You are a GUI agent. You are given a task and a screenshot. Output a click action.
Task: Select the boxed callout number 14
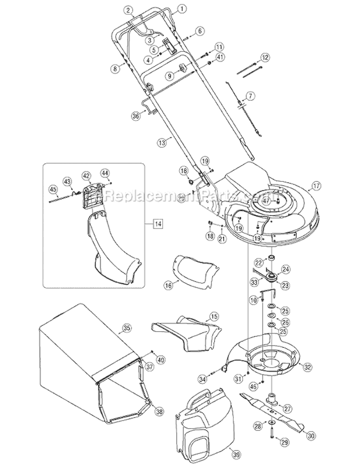[x=157, y=223]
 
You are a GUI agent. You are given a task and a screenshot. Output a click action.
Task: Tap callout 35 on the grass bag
[x=127, y=328]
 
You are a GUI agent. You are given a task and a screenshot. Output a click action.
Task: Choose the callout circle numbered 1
[x=181, y=9]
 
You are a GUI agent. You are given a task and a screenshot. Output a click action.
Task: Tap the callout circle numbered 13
[x=162, y=143]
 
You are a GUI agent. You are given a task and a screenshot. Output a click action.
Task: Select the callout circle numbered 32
[x=308, y=366]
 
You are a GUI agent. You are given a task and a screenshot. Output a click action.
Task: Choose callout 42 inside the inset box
[x=86, y=176]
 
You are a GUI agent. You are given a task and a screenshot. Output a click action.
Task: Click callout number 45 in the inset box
[x=53, y=190]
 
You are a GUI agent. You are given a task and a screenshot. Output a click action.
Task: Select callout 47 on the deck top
[x=280, y=202]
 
